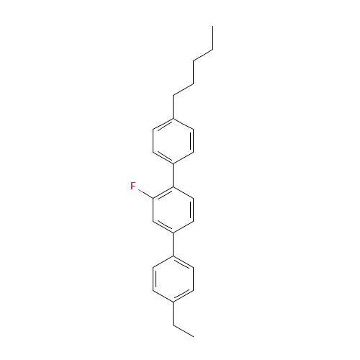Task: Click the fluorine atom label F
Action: [x=133, y=186]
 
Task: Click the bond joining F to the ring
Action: [x=145, y=194]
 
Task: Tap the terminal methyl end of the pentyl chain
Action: [x=212, y=27]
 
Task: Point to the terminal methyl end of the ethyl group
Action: [x=193, y=336]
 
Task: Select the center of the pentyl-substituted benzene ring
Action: [x=173, y=141]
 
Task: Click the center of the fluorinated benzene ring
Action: [x=173, y=210]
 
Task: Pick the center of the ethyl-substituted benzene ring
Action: [x=173, y=279]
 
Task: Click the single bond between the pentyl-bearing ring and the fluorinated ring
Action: [x=173, y=176]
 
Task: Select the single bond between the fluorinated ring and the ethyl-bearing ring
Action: [x=173, y=244]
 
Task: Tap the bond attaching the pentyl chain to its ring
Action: [x=173, y=107]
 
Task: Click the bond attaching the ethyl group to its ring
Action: [x=173, y=313]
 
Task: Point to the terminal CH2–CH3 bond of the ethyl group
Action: [x=183, y=330]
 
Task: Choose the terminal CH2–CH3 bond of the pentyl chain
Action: [x=212, y=38]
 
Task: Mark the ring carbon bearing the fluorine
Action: [x=153, y=198]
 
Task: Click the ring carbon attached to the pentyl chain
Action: [x=173, y=118]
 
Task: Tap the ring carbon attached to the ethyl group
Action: [x=173, y=302]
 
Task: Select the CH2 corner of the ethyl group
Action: [x=173, y=325]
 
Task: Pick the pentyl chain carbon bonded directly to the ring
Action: [x=173, y=96]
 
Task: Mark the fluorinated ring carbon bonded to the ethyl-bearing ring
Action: [x=173, y=233]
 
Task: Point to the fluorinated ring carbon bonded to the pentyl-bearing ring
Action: [x=173, y=187]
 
